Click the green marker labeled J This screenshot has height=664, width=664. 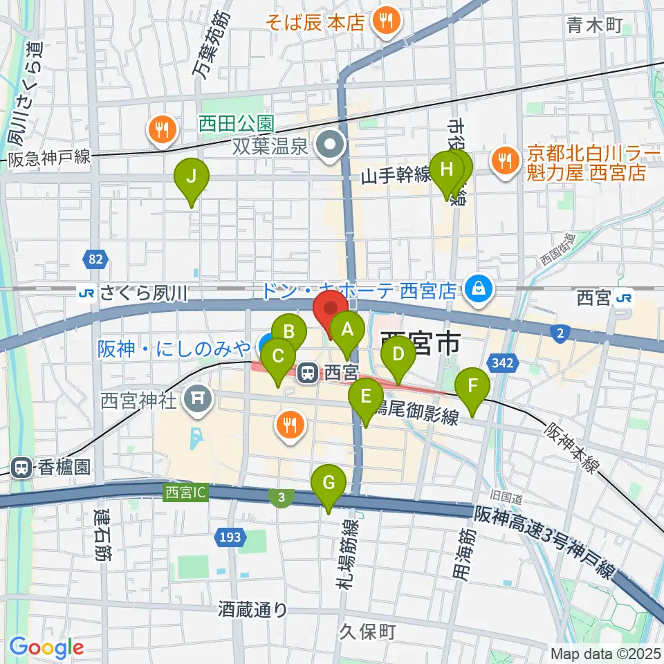[x=193, y=178]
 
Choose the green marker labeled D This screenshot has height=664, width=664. [x=398, y=356]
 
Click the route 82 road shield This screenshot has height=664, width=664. [x=95, y=260]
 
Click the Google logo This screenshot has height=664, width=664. [x=46, y=648]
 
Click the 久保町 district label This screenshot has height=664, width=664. [x=367, y=631]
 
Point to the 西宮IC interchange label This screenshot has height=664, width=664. [x=185, y=492]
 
